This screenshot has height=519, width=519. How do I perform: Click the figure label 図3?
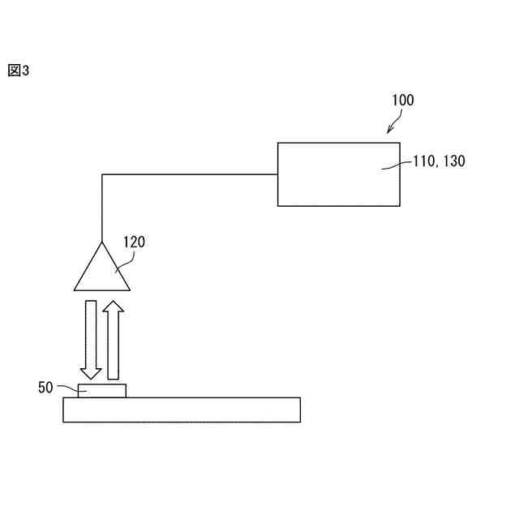pos(19,71)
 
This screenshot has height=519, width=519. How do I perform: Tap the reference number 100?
pos(402,101)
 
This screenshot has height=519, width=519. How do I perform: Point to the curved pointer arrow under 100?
pos(393,123)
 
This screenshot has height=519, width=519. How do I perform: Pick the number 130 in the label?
pos(453,161)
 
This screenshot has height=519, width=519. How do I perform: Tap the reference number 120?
pos(134,242)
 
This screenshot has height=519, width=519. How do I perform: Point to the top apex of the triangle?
pos(102,243)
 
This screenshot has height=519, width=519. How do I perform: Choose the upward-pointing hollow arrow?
pos(114,341)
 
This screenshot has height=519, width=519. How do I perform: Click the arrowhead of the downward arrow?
pos(91,373)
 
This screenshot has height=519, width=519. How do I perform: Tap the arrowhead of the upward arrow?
pos(114,307)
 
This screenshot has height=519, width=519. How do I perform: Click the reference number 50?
pos(45,388)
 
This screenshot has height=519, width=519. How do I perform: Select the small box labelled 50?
pos(102,391)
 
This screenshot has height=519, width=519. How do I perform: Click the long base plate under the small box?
pos(182,410)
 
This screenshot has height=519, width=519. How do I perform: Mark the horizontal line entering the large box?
pos(191,174)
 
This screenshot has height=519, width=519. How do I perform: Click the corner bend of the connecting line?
pos(102,174)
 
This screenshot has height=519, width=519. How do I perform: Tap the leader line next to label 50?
pos(66,389)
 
